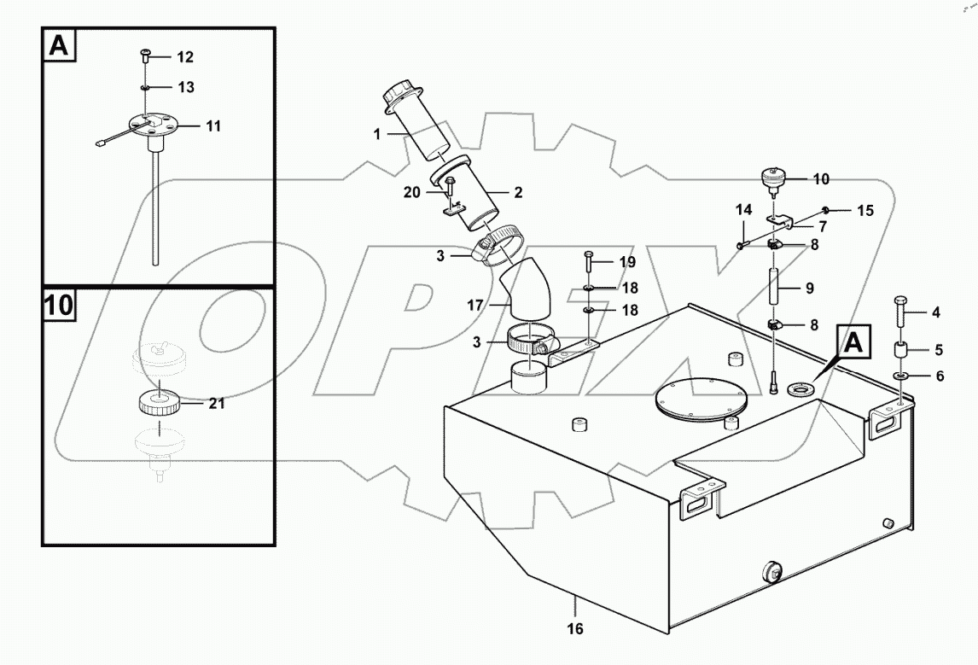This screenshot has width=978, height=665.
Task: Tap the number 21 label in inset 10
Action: (x=218, y=404)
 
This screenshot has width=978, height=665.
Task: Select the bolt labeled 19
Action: (x=589, y=260)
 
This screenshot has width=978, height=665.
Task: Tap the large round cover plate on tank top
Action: (x=699, y=397)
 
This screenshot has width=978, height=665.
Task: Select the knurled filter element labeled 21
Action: (x=157, y=402)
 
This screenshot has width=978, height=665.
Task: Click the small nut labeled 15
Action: (x=827, y=209)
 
